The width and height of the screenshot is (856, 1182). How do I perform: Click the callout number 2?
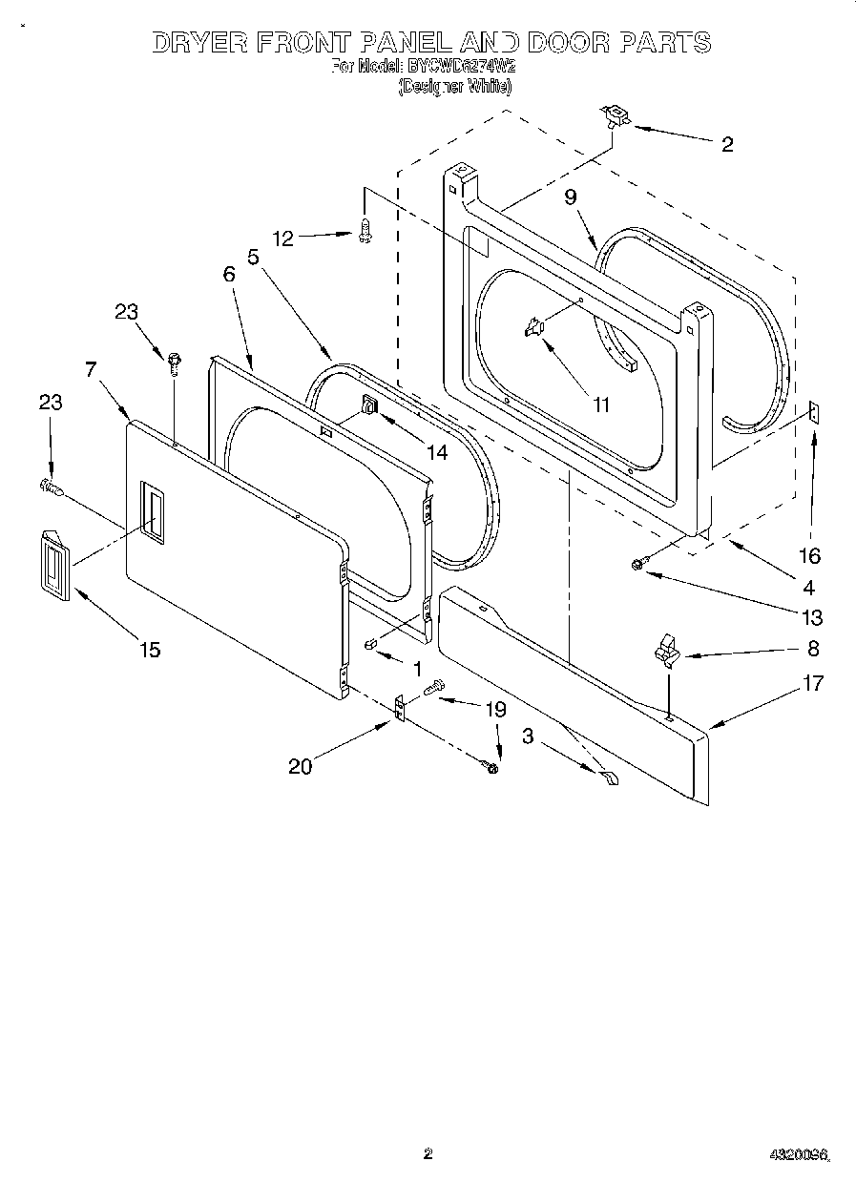727,145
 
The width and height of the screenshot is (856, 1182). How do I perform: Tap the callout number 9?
571,197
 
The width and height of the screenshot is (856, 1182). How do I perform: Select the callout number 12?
283,238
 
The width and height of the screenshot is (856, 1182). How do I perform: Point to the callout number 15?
149,650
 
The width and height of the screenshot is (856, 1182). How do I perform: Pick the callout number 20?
300,765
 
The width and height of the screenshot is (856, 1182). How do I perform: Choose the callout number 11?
600,404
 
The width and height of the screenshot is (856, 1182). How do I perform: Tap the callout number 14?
437,452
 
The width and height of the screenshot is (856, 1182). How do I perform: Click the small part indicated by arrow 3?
609,779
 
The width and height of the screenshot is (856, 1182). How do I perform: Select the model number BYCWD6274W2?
461,67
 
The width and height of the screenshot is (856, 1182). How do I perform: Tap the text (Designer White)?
454,86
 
